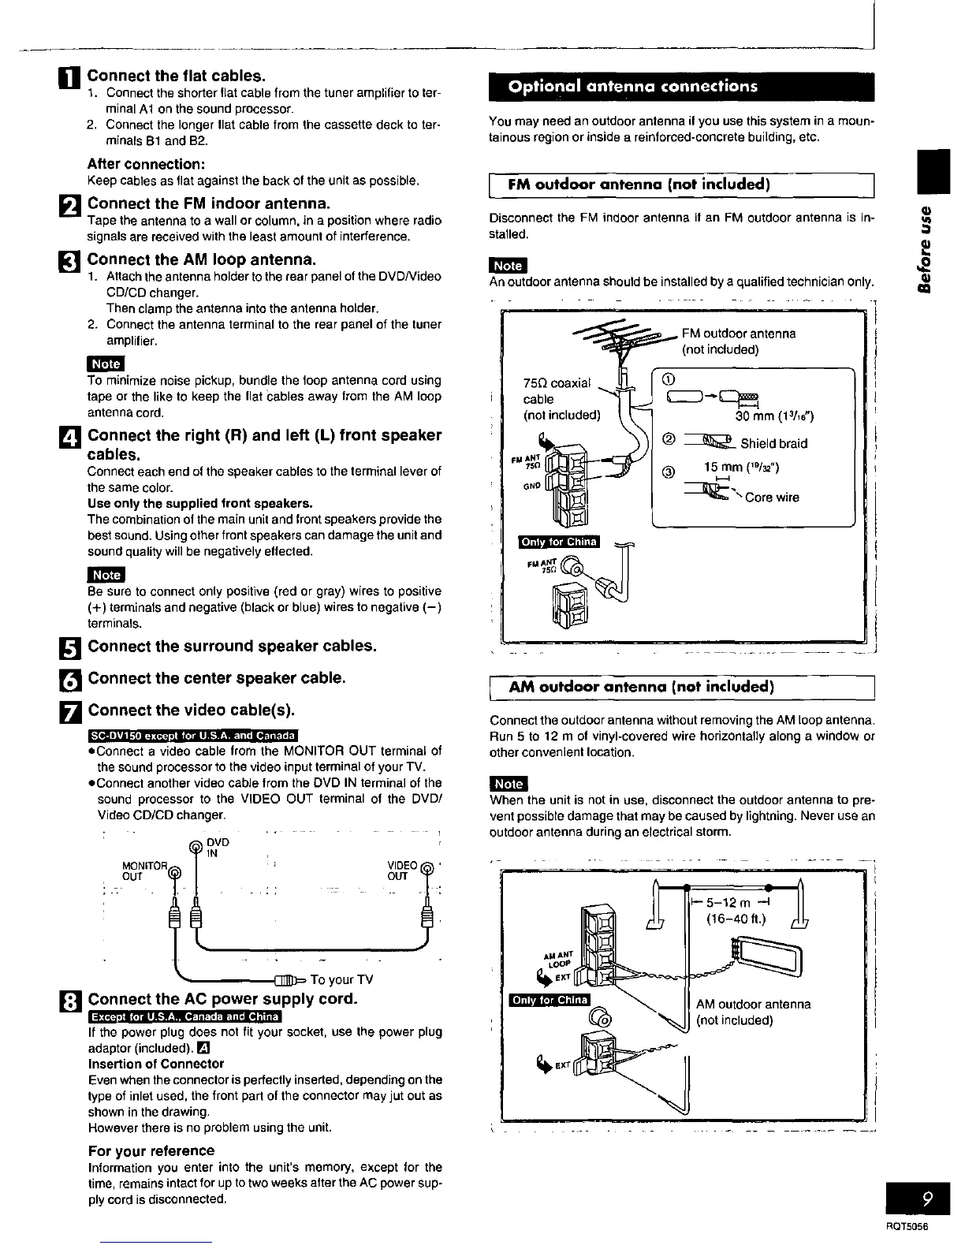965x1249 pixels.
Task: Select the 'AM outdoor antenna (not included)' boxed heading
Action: coord(641,687)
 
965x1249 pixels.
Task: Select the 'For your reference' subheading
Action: coord(151,1150)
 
